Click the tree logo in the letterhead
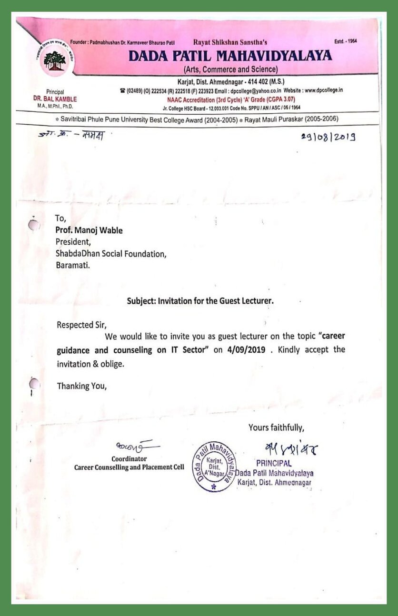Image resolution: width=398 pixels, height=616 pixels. [x=55, y=60]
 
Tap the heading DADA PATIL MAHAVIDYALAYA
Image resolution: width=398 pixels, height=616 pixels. [x=230, y=56]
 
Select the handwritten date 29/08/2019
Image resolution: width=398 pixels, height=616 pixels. [x=328, y=137]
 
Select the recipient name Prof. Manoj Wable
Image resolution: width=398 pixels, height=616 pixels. [x=89, y=230]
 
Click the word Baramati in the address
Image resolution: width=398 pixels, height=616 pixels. [x=73, y=265]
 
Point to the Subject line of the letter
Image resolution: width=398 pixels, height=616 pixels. [x=200, y=301]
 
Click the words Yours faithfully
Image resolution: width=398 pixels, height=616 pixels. [x=276, y=427]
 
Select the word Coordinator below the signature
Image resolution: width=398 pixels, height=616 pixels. [x=129, y=459]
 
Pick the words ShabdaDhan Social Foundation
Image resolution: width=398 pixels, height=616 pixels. [x=111, y=254]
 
